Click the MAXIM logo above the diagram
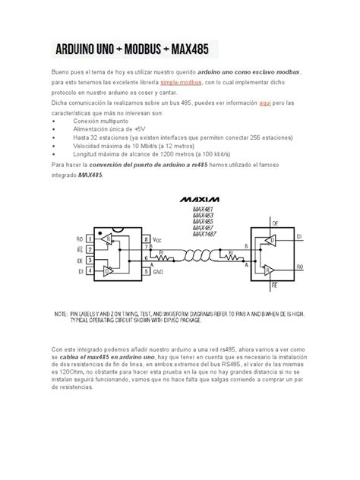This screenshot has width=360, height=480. [197, 200]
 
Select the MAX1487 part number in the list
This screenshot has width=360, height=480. [205, 234]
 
